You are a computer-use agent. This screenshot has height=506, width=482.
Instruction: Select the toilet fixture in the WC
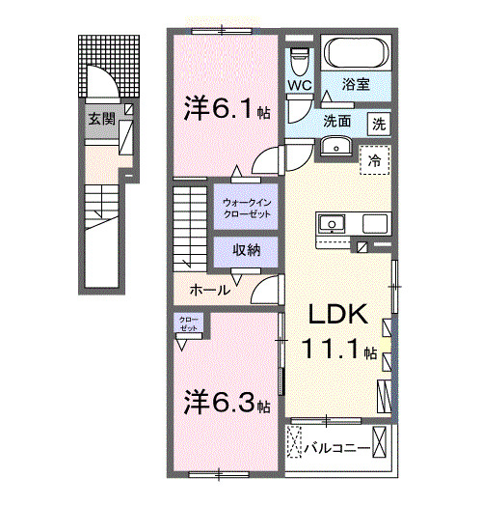pos(299,59)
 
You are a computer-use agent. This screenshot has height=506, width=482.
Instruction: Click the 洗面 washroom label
pos(336,123)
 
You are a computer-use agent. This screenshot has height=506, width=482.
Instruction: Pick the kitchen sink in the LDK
pos(333,224)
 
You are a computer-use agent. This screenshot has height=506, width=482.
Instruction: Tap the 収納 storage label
pos(245,249)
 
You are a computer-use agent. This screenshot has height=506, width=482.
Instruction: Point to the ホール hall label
pos(209,290)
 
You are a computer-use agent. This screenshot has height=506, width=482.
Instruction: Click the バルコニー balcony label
pos(337,448)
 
